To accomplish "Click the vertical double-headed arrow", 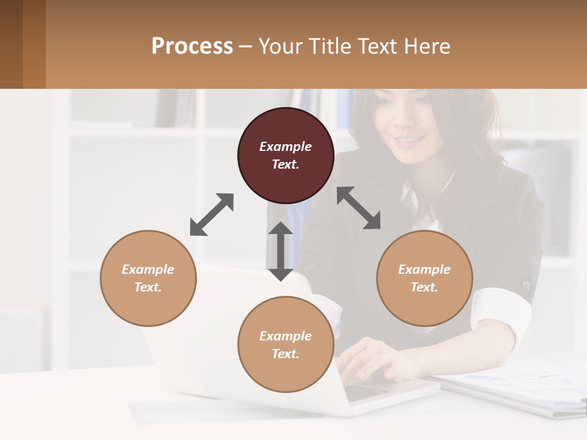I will point(281,251).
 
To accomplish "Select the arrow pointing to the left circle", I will point(212,215).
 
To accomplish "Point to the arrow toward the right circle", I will point(358,208).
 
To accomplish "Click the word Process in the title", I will point(192,46).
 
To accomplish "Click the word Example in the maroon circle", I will point(286,147).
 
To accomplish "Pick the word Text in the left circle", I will point(148,287).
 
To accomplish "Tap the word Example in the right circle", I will point(424,269).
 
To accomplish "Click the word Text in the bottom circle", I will point(285,354).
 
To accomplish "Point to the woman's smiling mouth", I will point(409,141).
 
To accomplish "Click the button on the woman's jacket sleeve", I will point(526,285).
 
